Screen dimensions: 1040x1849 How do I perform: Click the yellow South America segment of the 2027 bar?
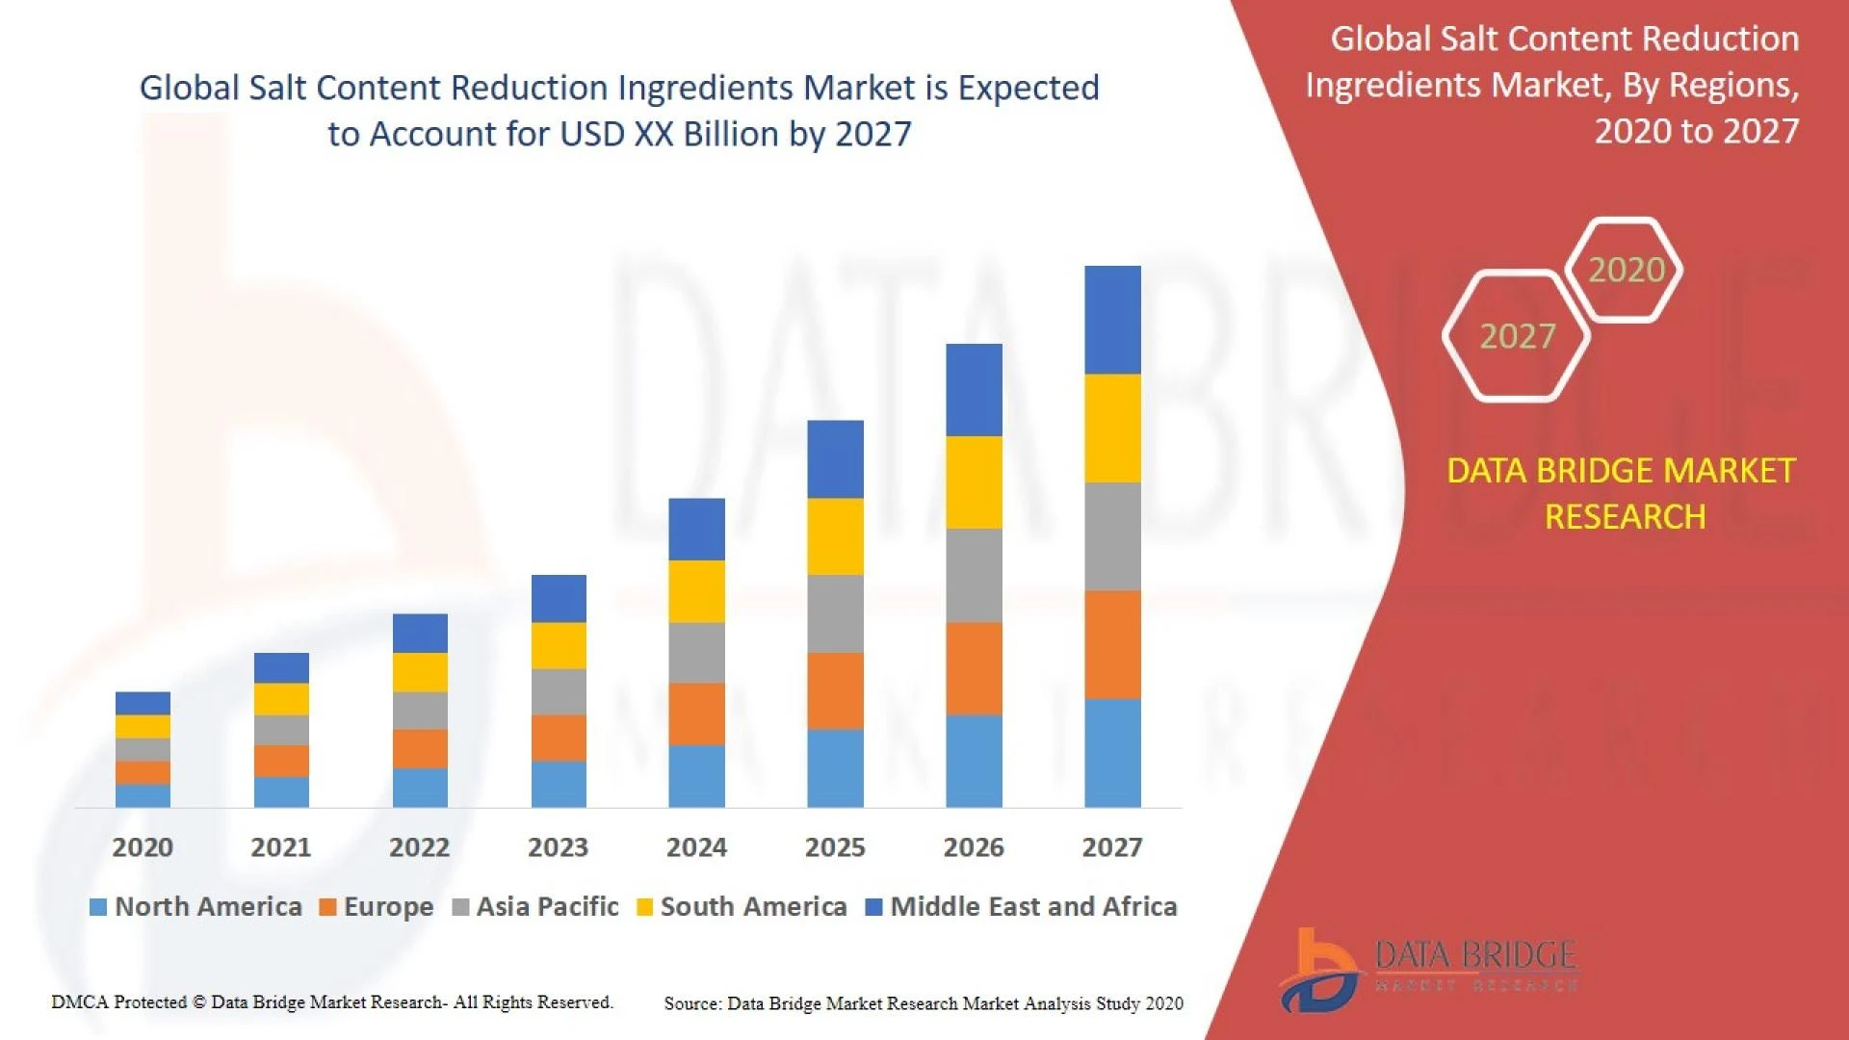[x=1112, y=429]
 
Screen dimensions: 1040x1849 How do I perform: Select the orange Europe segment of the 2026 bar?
[x=974, y=668]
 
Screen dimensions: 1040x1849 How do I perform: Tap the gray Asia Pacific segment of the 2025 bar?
[x=835, y=613]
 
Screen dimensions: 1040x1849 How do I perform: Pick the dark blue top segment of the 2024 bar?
[x=696, y=529]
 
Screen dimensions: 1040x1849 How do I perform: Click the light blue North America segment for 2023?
[x=559, y=784]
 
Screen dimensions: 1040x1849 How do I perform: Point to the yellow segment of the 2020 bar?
[x=143, y=726]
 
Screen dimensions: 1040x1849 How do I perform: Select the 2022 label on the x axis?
[x=419, y=847]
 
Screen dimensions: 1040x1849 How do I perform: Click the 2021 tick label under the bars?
[x=280, y=847]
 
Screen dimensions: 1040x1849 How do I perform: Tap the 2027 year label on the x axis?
[x=1111, y=847]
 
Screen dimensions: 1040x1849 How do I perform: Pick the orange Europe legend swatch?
[x=327, y=907]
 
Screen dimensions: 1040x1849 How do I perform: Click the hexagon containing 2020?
[x=1626, y=270]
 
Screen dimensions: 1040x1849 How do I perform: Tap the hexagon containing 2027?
[x=1517, y=336]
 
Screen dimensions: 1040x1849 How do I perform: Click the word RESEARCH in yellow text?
[x=1625, y=517]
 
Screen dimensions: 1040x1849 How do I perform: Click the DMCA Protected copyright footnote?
[x=331, y=1002]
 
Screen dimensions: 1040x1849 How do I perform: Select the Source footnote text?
[x=923, y=1003]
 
